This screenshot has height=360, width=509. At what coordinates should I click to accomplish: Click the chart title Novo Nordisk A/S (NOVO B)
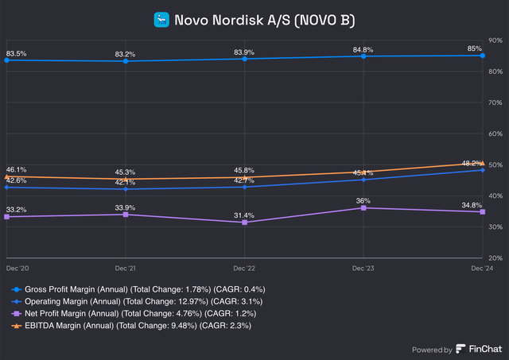pos(265,18)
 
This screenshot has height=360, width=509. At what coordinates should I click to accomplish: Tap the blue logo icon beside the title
pos(162,18)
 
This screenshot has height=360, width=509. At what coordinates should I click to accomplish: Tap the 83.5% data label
pos(17,53)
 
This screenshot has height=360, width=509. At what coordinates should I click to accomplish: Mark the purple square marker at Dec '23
pos(363,208)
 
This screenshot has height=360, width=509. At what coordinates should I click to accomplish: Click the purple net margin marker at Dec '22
pos(245,223)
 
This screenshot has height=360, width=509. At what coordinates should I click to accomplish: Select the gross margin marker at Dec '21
pos(126,61)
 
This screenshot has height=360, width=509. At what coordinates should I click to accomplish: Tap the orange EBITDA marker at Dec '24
pos(482,163)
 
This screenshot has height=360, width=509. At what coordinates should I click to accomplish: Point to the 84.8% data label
pos(363,48)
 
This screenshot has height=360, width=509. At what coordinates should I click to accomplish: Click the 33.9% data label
pos(126,207)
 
